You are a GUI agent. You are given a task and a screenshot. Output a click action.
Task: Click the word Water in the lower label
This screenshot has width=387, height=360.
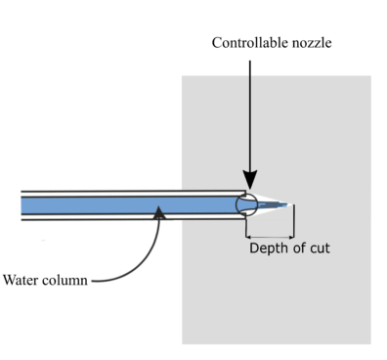[22, 280]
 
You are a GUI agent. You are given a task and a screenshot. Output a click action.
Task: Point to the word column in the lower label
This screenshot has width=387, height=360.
[64, 280]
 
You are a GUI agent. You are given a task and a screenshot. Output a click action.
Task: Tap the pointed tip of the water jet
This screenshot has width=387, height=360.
[290, 205]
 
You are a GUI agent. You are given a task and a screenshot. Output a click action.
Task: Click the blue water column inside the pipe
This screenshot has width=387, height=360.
[117, 204]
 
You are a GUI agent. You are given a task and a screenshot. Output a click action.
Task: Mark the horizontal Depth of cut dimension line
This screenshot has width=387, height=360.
[270, 237]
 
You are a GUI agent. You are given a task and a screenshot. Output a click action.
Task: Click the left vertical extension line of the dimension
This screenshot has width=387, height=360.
[246, 227]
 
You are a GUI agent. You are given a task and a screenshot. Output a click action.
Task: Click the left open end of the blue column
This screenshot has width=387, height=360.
[23, 204]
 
